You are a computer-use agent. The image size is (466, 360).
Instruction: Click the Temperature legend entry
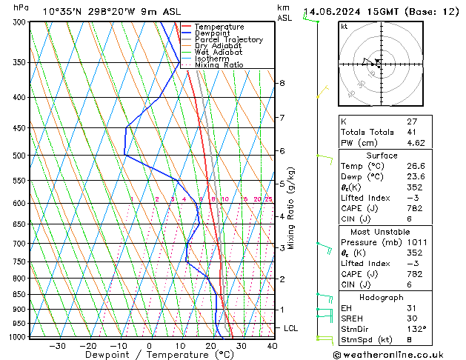pos(220,27)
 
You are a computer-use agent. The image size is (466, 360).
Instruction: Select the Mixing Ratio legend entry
pos(219,65)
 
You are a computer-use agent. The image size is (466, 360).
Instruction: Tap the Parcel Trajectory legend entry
pos(228,39)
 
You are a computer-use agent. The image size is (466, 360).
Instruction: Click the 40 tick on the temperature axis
pos(272,345)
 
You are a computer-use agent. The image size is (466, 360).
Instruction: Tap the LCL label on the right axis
pos(291,327)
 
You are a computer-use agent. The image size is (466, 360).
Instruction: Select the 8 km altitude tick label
pos(282,83)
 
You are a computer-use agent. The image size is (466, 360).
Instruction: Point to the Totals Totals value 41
pos(412,131)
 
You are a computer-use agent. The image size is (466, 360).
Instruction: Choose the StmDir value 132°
pos(416,329)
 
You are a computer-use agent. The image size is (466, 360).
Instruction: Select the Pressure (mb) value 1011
pos(416,241)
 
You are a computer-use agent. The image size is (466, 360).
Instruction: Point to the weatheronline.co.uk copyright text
pos(399,353)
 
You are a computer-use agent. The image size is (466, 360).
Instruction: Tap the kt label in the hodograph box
pos(344,26)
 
